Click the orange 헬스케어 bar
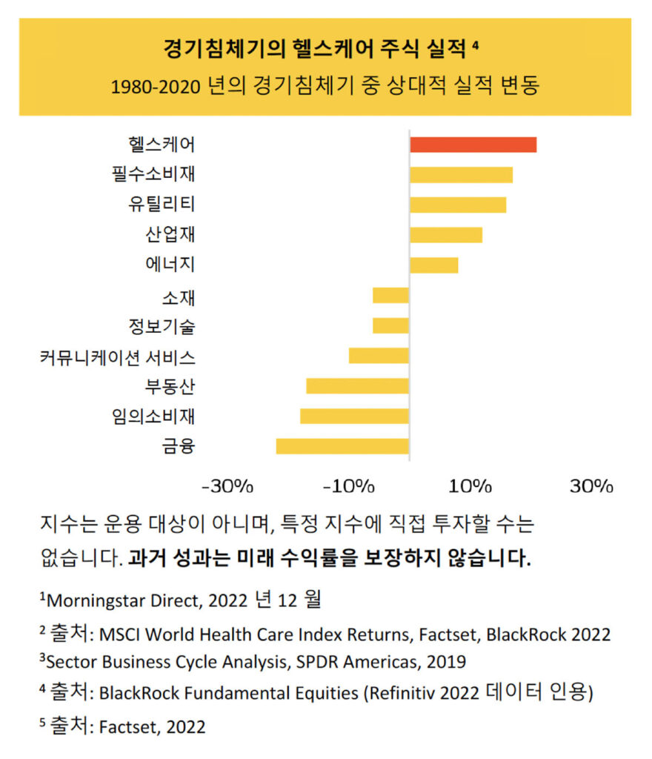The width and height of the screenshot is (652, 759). point(473,145)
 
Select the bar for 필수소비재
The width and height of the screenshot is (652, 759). point(461,175)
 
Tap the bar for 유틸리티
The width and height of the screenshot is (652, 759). point(458,205)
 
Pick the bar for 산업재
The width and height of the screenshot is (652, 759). point(446,235)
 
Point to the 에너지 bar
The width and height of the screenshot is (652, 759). point(433,265)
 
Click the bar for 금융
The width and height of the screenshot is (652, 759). point(342,446)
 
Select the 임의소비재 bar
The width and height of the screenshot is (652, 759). point(354,416)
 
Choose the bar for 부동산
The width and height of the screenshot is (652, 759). point(357,385)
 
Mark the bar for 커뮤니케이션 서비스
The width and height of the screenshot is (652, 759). point(379,355)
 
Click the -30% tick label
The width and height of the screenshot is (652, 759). point(227,487)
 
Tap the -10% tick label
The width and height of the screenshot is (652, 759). point(350,487)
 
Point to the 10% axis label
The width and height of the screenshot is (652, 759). point(470,487)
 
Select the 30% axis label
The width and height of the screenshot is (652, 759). point(591,487)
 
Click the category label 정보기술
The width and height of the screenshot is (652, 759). point(162,325)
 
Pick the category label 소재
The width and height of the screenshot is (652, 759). point(179,298)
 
